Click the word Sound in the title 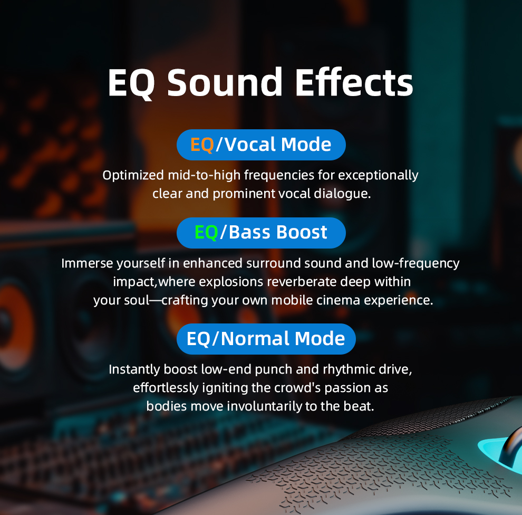[225, 82]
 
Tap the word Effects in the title [354, 82]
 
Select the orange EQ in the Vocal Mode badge [202, 145]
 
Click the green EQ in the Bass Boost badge [206, 232]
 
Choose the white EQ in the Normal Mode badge [198, 339]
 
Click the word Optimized [133, 176]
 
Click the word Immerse [87, 263]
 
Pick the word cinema [338, 300]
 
